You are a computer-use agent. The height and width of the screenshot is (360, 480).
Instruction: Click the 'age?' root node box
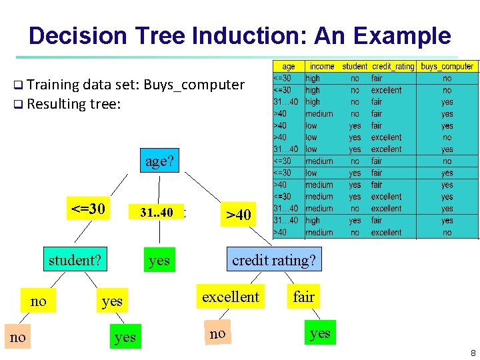159,161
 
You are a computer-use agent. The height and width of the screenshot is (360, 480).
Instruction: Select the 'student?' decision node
75,260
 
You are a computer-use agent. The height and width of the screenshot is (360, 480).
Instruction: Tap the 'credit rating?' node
273,260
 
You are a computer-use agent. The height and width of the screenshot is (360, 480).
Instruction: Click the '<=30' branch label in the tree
88,209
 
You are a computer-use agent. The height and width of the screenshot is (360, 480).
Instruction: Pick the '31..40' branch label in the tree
156,213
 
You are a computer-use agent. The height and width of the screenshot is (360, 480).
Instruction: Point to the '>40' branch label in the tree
238,215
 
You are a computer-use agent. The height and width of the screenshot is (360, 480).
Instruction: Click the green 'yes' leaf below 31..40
159,260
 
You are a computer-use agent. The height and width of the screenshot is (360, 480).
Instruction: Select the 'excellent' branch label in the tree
230,297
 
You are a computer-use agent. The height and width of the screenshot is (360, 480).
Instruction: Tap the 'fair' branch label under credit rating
303,297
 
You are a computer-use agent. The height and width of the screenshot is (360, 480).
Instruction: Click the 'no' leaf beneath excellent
217,333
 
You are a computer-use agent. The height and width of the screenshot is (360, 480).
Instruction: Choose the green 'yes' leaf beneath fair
320,333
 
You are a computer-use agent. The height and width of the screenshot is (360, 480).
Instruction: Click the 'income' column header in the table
322,67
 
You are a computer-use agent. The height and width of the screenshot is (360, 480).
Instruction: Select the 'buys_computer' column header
447,67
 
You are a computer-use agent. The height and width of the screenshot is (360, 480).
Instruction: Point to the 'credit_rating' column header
393,67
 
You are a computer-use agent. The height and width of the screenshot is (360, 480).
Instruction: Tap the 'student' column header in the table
355,67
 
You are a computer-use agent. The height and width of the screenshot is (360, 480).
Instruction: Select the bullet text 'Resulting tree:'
74,104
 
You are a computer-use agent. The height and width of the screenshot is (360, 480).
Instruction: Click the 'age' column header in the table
289,67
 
